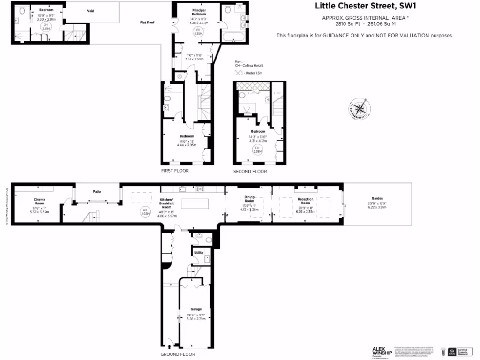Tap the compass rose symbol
point(360,109)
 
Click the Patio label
point(97,191)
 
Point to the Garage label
point(196,309)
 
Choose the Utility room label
point(198,253)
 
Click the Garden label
point(377,198)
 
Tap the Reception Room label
point(305,201)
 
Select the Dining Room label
point(249,199)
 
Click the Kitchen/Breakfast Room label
point(167,203)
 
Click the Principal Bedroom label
point(199,12)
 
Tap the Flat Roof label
point(147,22)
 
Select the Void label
point(91,11)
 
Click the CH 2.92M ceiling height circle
point(145,211)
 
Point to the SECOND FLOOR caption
point(250,172)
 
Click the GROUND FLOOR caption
point(178,354)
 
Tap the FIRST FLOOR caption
point(174,171)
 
